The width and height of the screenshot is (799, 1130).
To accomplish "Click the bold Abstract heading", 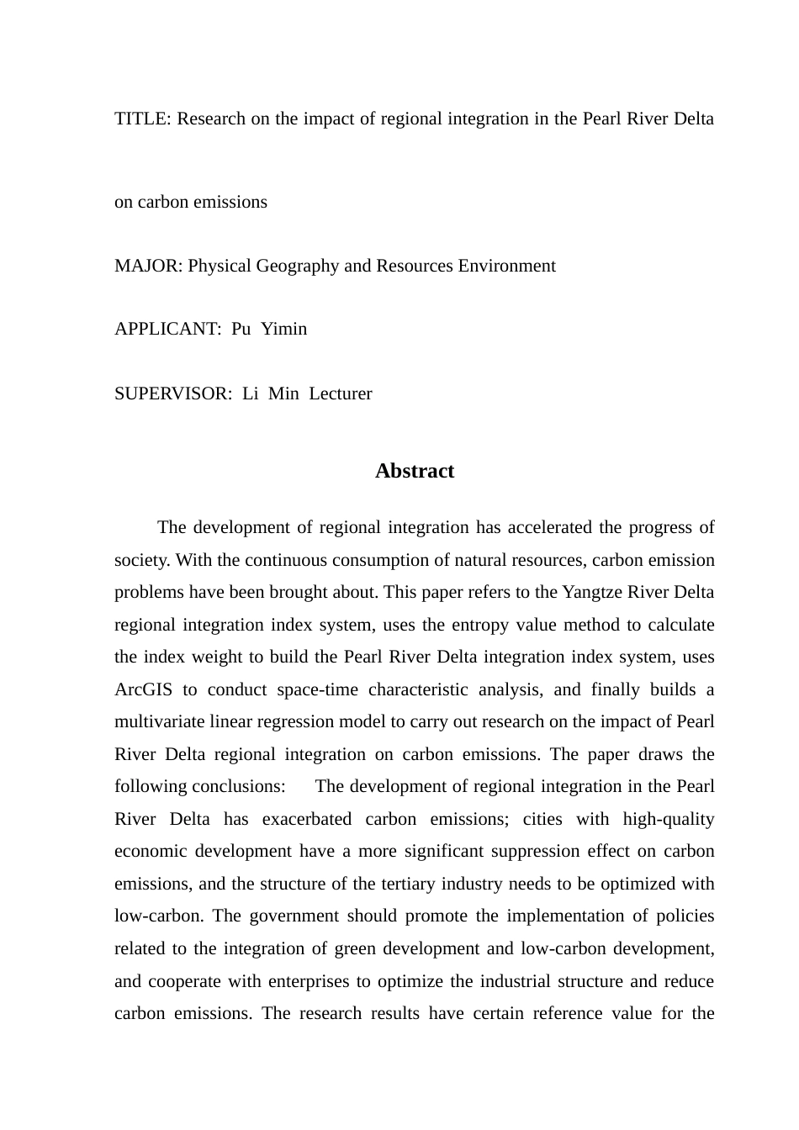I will pyautogui.click(x=415, y=471).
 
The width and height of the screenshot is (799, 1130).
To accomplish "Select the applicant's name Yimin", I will pyautogui.click(x=284, y=330).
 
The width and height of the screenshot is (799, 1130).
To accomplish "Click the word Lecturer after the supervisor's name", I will pyautogui.click(x=341, y=394).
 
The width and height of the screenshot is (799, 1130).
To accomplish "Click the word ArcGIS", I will pyautogui.click(x=144, y=690).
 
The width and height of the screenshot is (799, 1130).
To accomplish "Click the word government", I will pyautogui.click(x=283, y=916).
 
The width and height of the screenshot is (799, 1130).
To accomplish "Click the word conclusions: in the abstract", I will pyautogui.click(x=239, y=787).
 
